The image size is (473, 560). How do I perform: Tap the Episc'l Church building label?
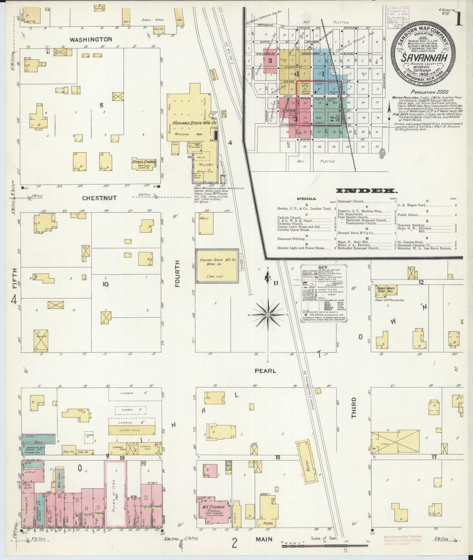point(144,162)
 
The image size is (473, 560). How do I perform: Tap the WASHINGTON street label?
point(91,39)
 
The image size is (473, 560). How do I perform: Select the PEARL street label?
point(265,371)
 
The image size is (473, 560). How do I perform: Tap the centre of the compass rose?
point(268,315)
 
